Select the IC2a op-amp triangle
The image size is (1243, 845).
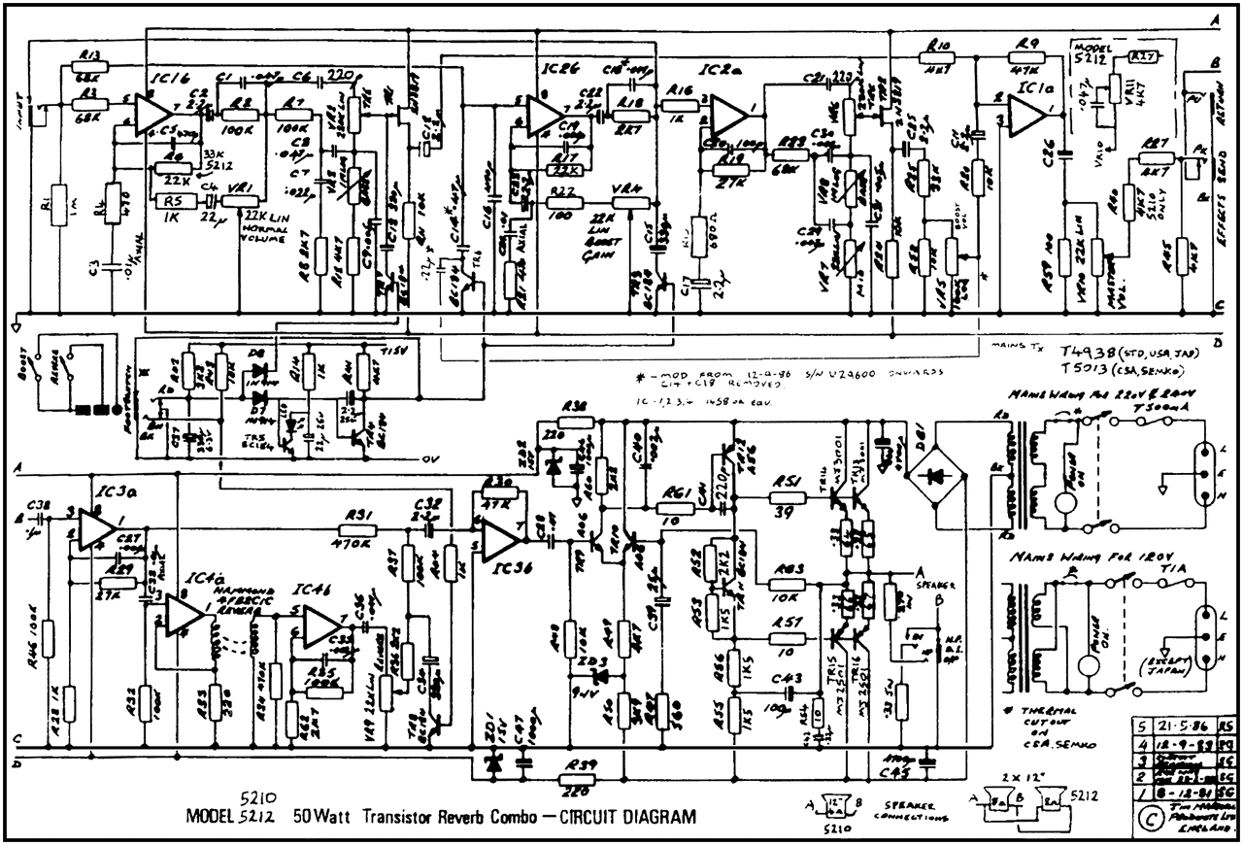(x=727, y=109)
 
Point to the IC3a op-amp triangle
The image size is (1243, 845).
(x=94, y=526)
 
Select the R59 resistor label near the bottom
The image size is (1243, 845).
(x=578, y=763)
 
